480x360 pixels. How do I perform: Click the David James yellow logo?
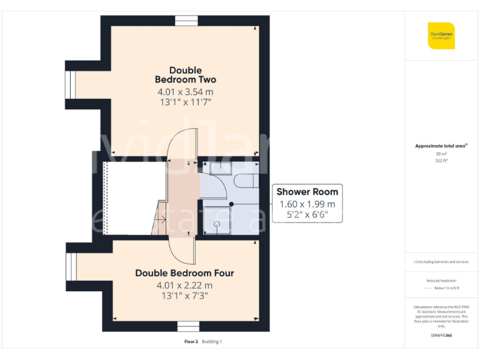[441, 36]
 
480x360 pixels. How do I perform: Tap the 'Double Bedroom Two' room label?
[185, 75]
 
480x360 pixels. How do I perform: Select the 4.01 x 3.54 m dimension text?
[185, 92]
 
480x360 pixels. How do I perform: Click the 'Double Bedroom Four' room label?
[185, 273]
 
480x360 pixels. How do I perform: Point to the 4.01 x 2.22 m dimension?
[185, 286]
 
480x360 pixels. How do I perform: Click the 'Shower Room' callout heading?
[307, 192]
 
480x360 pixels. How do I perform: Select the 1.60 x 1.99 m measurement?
[307, 204]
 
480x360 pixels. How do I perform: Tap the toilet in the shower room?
[246, 181]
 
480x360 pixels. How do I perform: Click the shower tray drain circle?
[217, 223]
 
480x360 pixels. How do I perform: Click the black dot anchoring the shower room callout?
[231, 204]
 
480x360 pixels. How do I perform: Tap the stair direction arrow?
[159, 219]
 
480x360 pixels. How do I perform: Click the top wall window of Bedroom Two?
[186, 21]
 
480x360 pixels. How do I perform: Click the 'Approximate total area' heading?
[441, 146]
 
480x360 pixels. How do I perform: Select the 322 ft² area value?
[441, 161]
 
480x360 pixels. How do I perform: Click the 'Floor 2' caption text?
[191, 342]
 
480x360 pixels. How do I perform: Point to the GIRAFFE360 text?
[441, 336]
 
